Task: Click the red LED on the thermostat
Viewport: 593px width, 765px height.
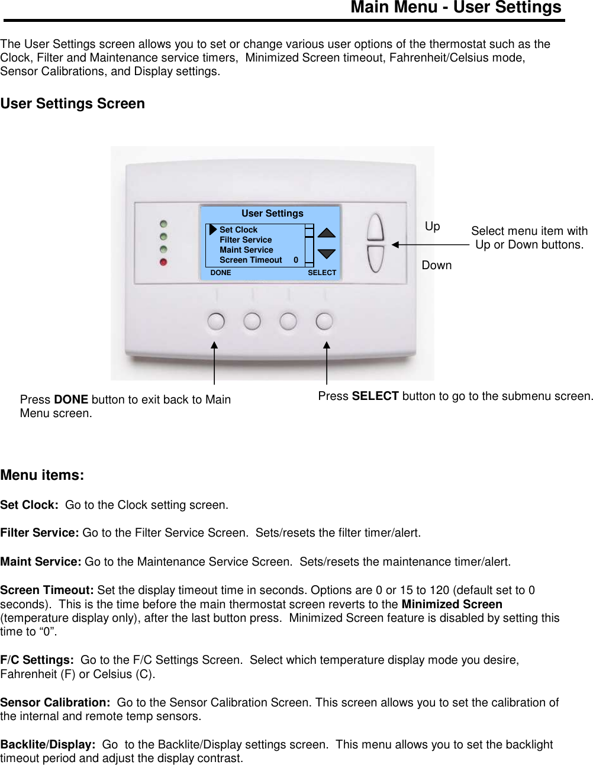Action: [163, 262]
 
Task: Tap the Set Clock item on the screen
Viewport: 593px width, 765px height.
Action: [238, 230]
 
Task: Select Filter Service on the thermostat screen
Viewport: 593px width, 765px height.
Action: [245, 240]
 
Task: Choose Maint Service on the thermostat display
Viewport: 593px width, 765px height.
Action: [246, 250]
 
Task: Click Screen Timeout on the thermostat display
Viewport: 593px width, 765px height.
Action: [250, 260]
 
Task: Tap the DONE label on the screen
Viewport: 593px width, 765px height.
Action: [221, 273]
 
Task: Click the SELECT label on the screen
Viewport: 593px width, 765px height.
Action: [321, 273]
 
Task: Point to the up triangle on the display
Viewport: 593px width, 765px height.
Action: [326, 233]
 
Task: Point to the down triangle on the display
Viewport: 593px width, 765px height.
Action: [326, 254]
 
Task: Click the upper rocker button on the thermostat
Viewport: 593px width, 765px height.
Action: [375, 227]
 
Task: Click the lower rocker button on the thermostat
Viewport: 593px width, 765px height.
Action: [375, 259]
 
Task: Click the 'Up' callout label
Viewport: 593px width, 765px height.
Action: [433, 226]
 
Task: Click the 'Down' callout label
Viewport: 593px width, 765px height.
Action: [437, 265]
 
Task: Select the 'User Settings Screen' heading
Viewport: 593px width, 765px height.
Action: [73, 104]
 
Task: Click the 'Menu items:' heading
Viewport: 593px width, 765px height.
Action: [42, 475]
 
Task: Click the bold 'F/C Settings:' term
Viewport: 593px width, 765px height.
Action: [37, 660]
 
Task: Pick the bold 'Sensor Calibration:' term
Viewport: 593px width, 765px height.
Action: [55, 702]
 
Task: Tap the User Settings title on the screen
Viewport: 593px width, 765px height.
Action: [272, 213]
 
